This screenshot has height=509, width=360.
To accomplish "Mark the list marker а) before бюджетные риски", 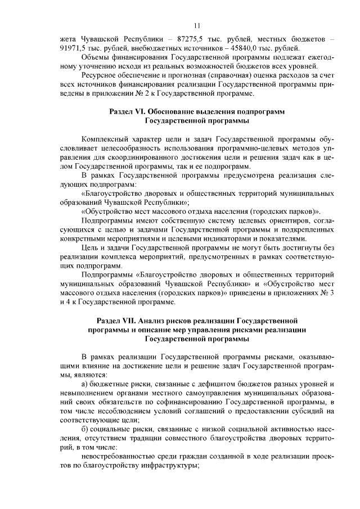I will pos(85,384).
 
